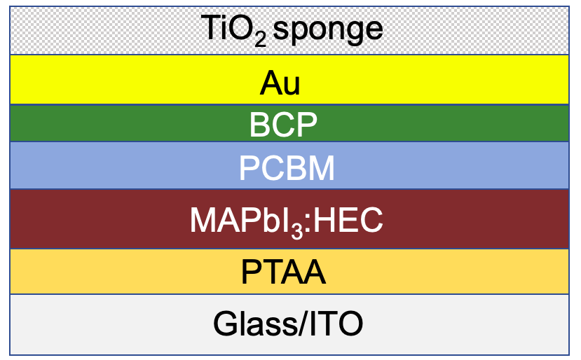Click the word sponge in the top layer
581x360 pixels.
click(x=327, y=30)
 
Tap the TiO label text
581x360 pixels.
click(x=227, y=27)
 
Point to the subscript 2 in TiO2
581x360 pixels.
click(x=260, y=39)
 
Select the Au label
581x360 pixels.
click(x=280, y=83)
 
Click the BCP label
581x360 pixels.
click(x=283, y=125)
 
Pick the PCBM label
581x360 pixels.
click(x=287, y=168)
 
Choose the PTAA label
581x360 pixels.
click(x=283, y=272)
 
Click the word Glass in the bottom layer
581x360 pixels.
click(x=255, y=323)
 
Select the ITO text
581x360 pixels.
click(x=336, y=324)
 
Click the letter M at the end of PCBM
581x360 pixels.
click(x=321, y=168)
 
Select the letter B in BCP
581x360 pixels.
click(x=259, y=125)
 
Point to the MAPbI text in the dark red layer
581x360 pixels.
click(x=240, y=220)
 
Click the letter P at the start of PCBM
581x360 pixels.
click(x=249, y=168)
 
